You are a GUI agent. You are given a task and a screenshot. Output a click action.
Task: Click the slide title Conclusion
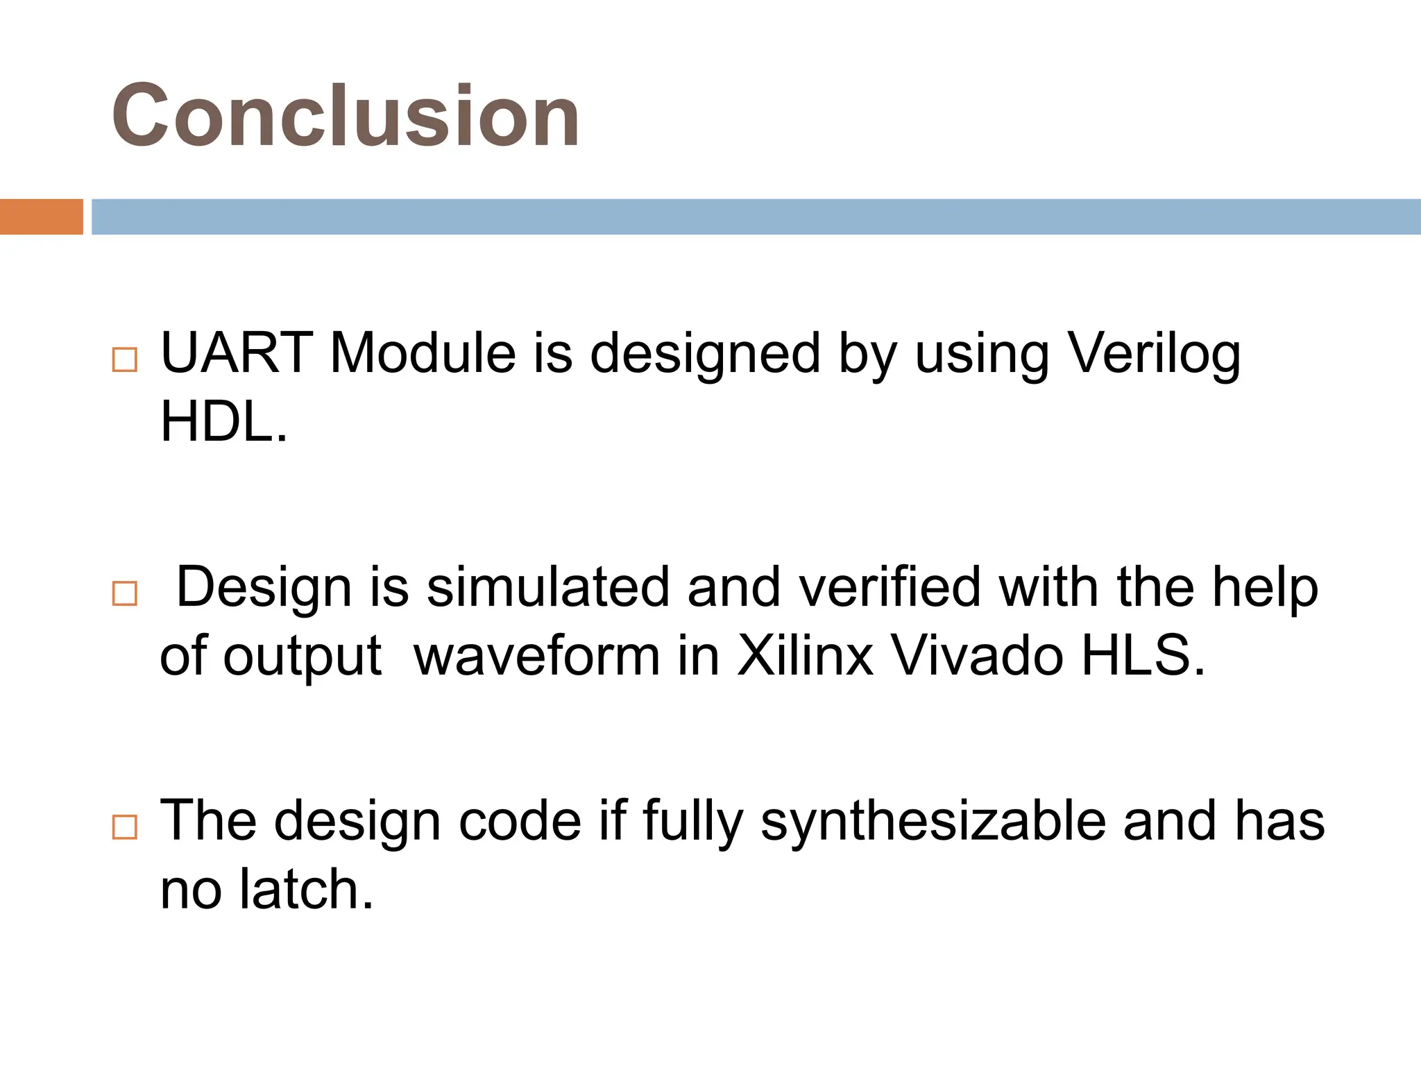click(x=346, y=115)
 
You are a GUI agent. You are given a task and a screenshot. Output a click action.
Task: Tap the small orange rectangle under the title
click(x=41, y=217)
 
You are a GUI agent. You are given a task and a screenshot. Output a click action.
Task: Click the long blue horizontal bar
click(x=756, y=217)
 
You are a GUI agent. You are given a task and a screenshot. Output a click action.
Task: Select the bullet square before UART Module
click(x=125, y=359)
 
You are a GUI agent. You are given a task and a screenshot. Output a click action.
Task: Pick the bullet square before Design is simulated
click(x=125, y=593)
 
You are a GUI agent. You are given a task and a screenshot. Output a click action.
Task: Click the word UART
click(x=237, y=353)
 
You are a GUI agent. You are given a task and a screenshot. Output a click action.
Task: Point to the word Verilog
click(x=1153, y=354)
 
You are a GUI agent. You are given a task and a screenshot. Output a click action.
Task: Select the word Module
click(x=423, y=353)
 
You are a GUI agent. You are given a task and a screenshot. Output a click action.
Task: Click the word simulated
click(x=547, y=587)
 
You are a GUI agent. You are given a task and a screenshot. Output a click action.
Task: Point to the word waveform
click(x=536, y=655)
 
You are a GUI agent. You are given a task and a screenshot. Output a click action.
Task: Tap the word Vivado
click(x=976, y=655)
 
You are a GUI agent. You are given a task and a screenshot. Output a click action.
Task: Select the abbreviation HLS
click(x=1141, y=655)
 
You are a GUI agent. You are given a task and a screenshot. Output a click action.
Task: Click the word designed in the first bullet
click(x=705, y=354)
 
